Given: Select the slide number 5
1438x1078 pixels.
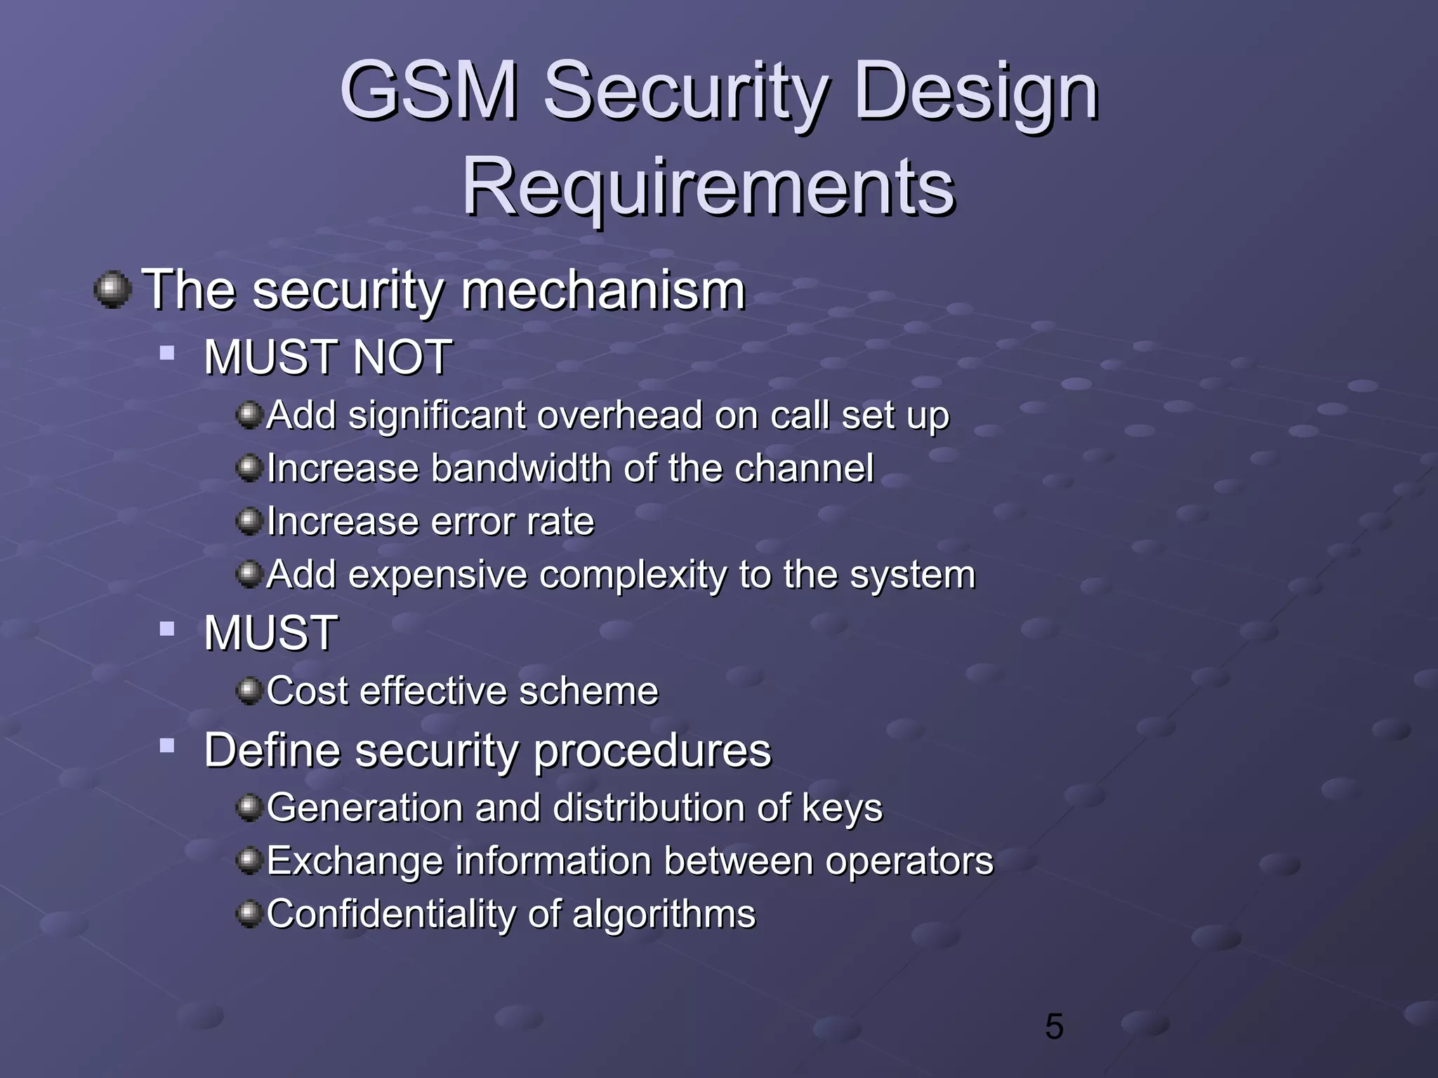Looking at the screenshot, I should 1054,1027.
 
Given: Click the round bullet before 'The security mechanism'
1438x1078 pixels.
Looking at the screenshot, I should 112,290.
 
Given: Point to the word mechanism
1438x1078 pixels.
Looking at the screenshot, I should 603,290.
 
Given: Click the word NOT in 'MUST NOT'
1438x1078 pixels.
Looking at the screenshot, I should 402,357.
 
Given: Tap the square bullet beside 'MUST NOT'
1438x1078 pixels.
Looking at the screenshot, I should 166,352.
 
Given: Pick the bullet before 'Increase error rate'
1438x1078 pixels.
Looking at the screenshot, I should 249,521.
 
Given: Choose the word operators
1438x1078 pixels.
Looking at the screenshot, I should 909,861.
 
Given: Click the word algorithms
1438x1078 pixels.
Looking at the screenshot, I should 664,914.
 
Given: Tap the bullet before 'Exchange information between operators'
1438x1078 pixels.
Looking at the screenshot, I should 249,860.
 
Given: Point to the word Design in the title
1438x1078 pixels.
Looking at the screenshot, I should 976,91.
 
